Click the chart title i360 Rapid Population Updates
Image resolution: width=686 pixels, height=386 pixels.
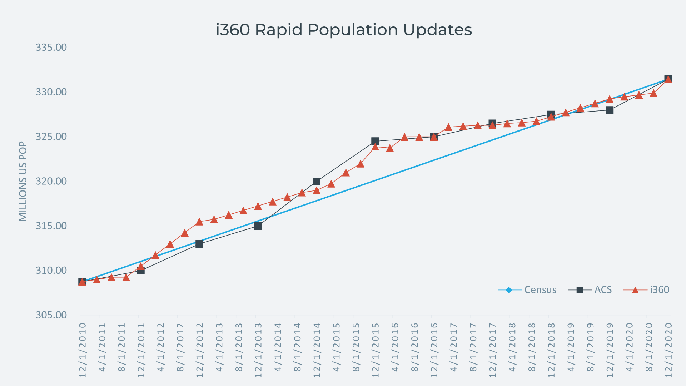pos(344,30)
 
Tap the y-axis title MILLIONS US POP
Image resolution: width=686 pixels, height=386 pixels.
pos(23,181)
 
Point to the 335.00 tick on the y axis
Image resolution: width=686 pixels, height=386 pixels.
pos(51,48)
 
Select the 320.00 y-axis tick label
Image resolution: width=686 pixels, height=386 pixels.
pos(51,181)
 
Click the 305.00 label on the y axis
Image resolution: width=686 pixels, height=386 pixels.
pos(51,315)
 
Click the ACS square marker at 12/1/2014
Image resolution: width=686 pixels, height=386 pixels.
pos(317,182)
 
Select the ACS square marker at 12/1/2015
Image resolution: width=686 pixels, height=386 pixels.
pos(375,141)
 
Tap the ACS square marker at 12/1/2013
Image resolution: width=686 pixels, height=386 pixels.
pos(258,226)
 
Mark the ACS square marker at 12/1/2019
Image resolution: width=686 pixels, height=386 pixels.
pos(610,110)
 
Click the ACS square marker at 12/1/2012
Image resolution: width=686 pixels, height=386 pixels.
pos(199,244)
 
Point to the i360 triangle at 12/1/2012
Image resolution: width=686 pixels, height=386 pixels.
pos(199,222)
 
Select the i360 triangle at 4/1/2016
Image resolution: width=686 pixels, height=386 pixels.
pos(390,148)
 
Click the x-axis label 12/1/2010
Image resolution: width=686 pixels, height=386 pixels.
pos(83,350)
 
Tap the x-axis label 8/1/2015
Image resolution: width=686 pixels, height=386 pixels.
pos(356,347)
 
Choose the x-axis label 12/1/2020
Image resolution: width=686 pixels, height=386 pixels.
pos(668,350)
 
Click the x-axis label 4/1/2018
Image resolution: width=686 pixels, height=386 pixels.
pos(512,347)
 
